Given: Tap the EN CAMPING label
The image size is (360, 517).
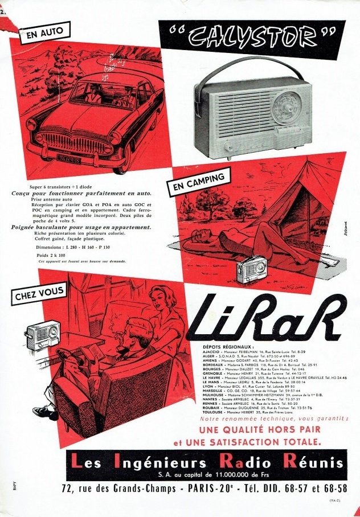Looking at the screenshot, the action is (x=195, y=183).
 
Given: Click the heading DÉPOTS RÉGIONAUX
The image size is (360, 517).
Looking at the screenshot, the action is (x=227, y=346).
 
